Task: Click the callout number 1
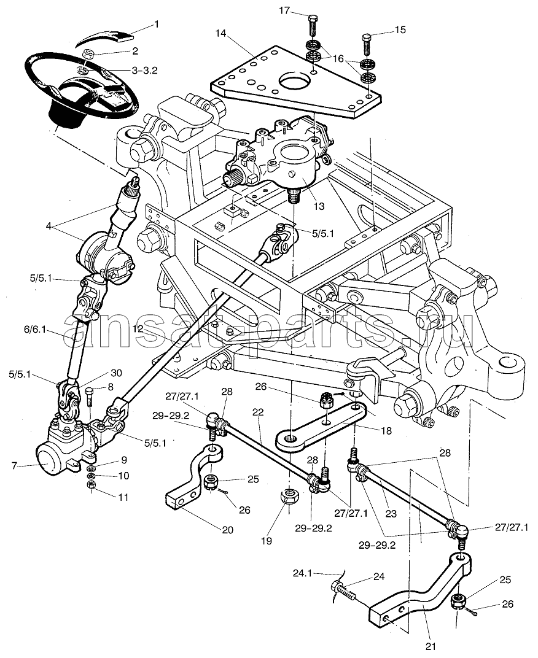click(157, 25)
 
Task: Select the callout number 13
click(319, 206)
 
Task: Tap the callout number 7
click(15, 466)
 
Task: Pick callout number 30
click(116, 373)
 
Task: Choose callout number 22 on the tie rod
click(258, 412)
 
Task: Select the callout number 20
click(227, 530)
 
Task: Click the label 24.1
click(302, 573)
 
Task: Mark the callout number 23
click(391, 514)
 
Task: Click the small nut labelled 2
click(89, 55)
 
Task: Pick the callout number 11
click(123, 497)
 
